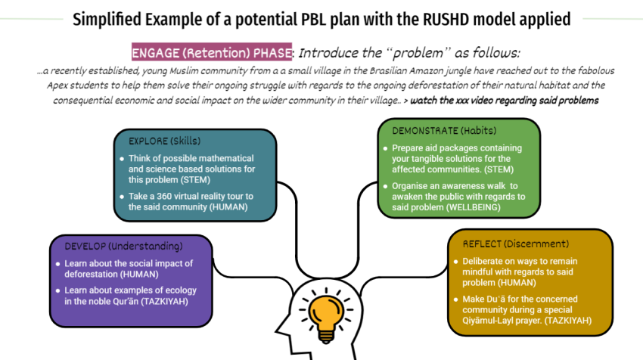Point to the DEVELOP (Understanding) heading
coord(123,246)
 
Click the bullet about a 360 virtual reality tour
coord(189,201)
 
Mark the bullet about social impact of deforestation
coord(129,269)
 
